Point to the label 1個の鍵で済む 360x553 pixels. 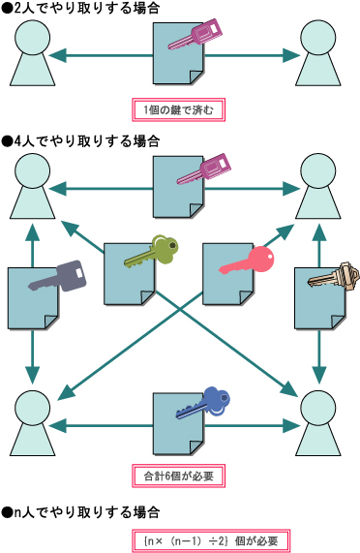(x=178, y=108)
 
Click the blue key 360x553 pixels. (x=202, y=402)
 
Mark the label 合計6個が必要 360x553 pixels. (x=178, y=476)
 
